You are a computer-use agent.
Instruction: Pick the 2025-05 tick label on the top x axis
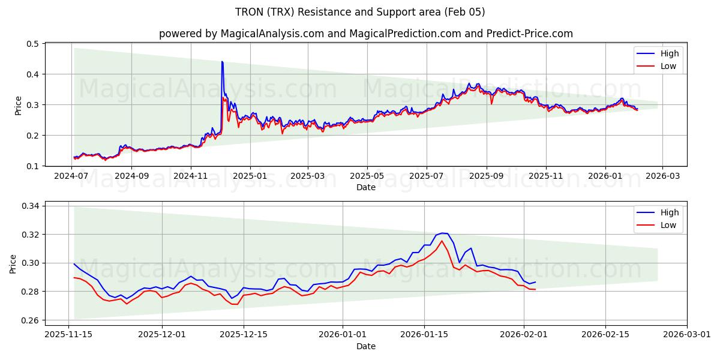[367, 176]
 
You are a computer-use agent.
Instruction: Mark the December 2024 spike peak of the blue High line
[222, 61]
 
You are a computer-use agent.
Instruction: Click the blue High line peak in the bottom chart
[442, 233]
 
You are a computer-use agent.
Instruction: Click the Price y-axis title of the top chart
[18, 105]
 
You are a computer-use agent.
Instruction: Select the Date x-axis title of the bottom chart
[365, 346]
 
